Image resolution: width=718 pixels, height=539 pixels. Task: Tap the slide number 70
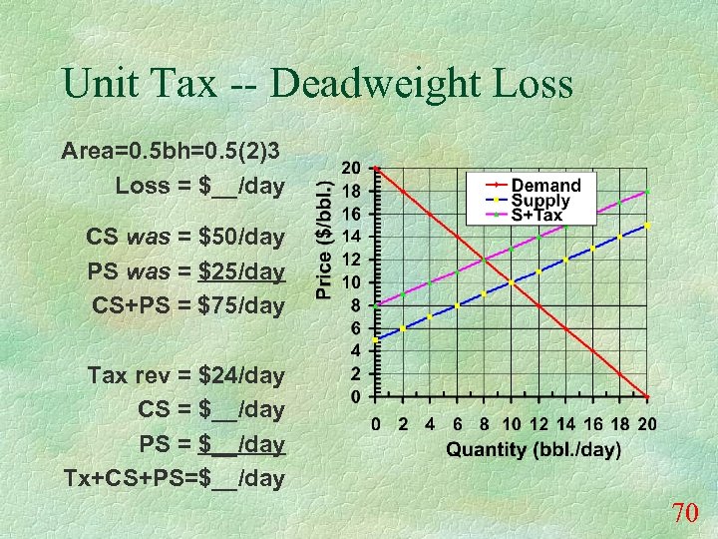pos(683,514)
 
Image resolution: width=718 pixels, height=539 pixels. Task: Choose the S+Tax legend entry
pos(538,214)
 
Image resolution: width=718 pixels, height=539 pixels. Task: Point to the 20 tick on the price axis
pos(352,168)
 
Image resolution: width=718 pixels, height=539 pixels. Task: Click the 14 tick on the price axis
pos(352,237)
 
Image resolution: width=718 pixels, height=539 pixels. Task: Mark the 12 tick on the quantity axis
pos(538,424)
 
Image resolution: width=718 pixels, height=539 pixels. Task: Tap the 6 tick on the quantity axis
pos(457,424)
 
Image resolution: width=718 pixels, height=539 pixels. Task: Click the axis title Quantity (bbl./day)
pos(533,449)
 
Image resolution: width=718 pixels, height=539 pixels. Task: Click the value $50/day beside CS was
pos(241,238)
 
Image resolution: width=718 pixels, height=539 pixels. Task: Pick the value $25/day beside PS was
pos(241,271)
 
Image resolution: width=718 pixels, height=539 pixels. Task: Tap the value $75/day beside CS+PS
pos(241,305)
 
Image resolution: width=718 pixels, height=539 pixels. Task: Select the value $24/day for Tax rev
pos(241,375)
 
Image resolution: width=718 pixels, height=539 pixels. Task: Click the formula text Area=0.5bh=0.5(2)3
pos(171,152)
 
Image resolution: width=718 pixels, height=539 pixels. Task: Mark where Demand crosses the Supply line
pos(512,282)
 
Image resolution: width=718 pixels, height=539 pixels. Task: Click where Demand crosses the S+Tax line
pos(484,260)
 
